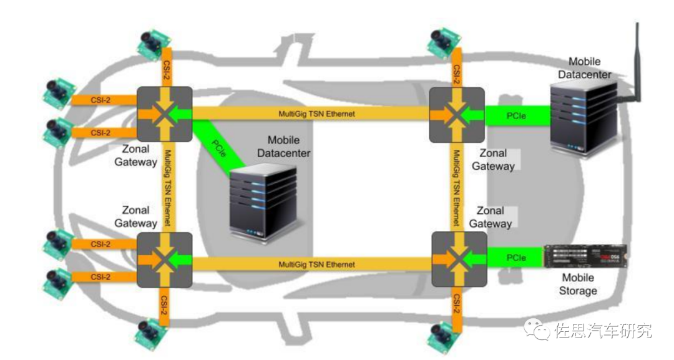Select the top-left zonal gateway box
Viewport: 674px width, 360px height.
point(164,114)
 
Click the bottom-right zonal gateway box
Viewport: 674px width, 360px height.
point(459,258)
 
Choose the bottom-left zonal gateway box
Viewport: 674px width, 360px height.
point(164,259)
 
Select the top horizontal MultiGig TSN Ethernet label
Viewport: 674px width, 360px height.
point(311,114)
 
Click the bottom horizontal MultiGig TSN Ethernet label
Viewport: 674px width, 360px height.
point(311,265)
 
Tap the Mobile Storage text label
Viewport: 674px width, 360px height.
point(578,284)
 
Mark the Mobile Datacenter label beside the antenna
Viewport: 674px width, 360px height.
point(584,68)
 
